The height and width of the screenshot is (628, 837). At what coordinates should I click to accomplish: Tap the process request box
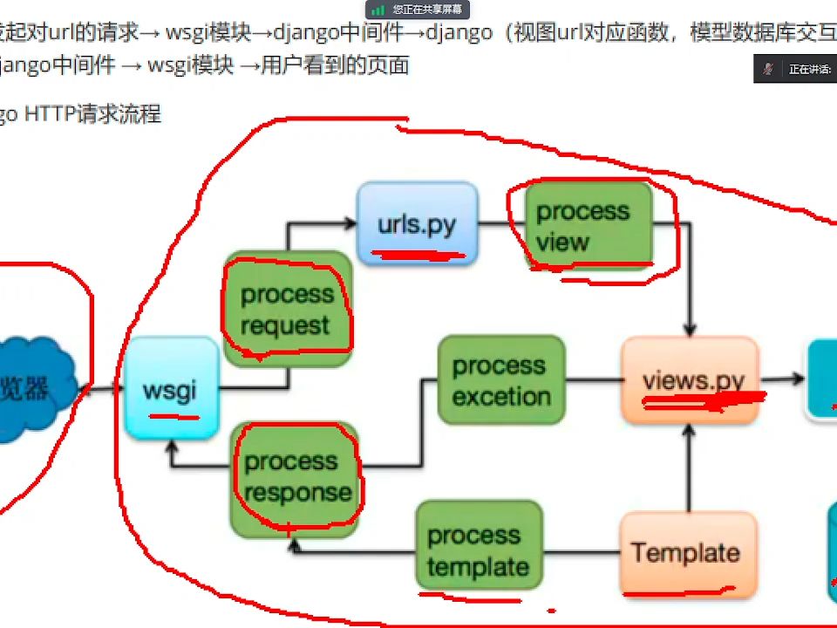point(288,310)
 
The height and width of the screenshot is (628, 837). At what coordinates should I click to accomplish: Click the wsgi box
point(171,387)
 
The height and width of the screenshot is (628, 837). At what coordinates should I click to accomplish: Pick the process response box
point(296,478)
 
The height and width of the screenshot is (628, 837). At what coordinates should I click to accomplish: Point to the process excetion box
point(501,381)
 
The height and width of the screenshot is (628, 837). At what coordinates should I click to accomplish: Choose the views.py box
point(690,380)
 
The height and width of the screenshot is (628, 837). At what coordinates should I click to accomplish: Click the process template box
point(479,550)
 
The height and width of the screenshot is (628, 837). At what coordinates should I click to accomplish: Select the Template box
point(687,552)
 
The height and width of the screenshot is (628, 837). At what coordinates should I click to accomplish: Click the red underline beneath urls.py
point(418,256)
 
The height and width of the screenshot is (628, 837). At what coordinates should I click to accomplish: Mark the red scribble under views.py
point(702,402)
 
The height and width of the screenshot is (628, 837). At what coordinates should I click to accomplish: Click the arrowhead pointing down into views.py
point(690,330)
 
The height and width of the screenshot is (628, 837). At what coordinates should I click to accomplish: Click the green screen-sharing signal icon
point(378,10)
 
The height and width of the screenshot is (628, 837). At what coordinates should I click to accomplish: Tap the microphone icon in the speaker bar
point(768,69)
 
